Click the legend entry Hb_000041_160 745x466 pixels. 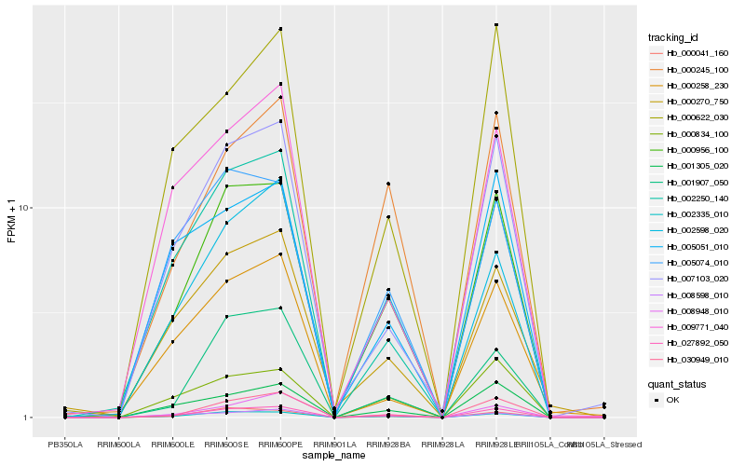click(x=690, y=53)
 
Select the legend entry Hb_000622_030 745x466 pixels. click(x=690, y=117)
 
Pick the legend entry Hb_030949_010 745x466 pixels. click(x=690, y=360)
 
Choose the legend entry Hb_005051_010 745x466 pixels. click(x=690, y=247)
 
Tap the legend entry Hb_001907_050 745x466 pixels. click(x=690, y=183)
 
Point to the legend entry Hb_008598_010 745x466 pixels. click(x=690, y=295)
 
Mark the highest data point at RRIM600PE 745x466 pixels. click(x=280, y=30)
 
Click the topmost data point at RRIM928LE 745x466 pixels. click(x=496, y=25)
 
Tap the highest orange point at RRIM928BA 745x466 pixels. click(x=388, y=184)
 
